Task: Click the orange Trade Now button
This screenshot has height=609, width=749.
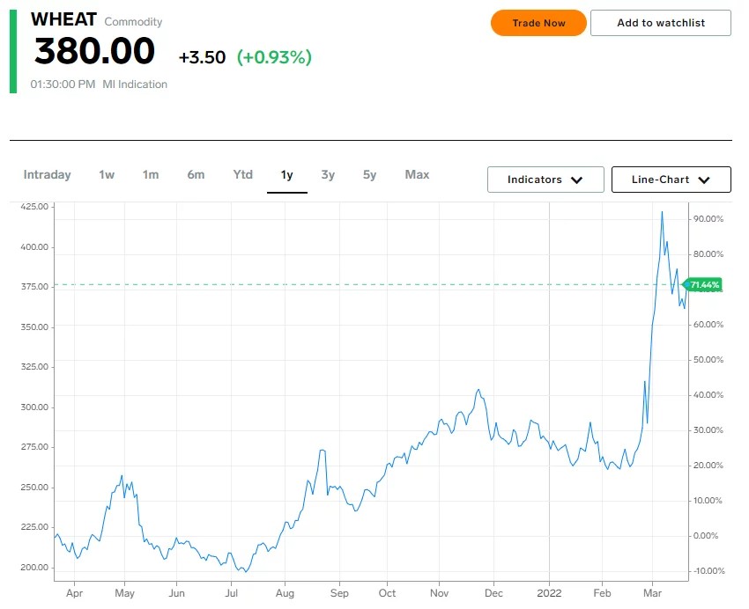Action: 538,23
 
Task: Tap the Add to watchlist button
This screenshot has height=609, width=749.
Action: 661,23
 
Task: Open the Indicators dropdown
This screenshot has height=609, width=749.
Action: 545,180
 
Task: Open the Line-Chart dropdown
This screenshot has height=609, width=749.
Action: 671,180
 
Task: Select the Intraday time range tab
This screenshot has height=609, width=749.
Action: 47,174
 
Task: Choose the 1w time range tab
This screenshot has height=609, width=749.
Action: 107,174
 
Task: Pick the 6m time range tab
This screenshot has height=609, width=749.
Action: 196,174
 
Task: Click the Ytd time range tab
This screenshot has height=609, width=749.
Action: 242,174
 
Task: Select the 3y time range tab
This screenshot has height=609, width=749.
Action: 328,174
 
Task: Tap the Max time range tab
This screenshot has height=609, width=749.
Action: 417,174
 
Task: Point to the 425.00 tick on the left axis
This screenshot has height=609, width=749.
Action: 34,207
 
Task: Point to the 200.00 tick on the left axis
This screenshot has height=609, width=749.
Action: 34,567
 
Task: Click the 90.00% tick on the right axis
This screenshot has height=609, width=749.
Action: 708,219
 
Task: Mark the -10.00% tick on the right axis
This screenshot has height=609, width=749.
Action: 708,571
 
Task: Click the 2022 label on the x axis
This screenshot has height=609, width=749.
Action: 549,593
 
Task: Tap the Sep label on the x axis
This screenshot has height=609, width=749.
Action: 339,593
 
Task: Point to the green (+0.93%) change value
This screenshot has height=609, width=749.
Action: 274,57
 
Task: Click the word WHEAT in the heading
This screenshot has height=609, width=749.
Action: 63,19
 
